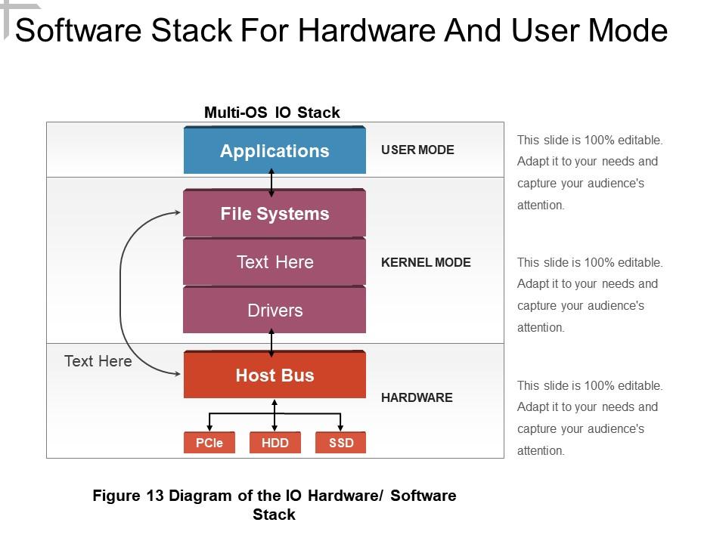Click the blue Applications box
point(275,151)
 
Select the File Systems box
point(275,214)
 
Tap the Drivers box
point(275,311)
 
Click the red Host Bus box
point(275,376)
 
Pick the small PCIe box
point(209,443)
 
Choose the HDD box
point(275,443)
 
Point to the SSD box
point(341,443)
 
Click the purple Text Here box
point(275,262)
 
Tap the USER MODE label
point(417,150)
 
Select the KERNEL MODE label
point(426,262)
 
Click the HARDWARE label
point(417,397)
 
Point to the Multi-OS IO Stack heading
point(272,113)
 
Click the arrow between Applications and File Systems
point(271,183)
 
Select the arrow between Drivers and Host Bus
point(271,342)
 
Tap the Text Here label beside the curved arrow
point(98,361)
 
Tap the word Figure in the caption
point(116,496)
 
